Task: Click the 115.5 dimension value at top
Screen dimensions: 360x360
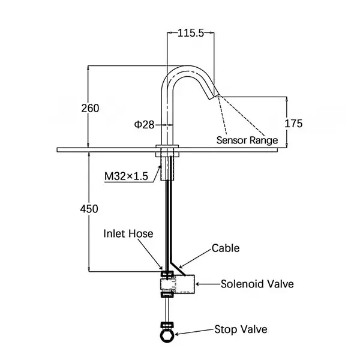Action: tap(190, 34)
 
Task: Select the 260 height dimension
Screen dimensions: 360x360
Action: tap(90, 108)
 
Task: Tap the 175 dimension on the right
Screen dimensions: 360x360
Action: tap(293, 124)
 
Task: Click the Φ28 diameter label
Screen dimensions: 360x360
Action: tap(144, 124)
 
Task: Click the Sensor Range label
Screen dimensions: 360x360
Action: tap(247, 140)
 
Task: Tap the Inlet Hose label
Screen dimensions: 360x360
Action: tap(128, 233)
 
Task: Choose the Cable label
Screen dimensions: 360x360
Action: tap(226, 248)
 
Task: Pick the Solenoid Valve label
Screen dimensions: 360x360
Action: tap(257, 284)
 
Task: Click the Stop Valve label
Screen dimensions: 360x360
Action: tap(241, 329)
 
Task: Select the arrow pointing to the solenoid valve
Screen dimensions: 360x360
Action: tap(208, 284)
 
